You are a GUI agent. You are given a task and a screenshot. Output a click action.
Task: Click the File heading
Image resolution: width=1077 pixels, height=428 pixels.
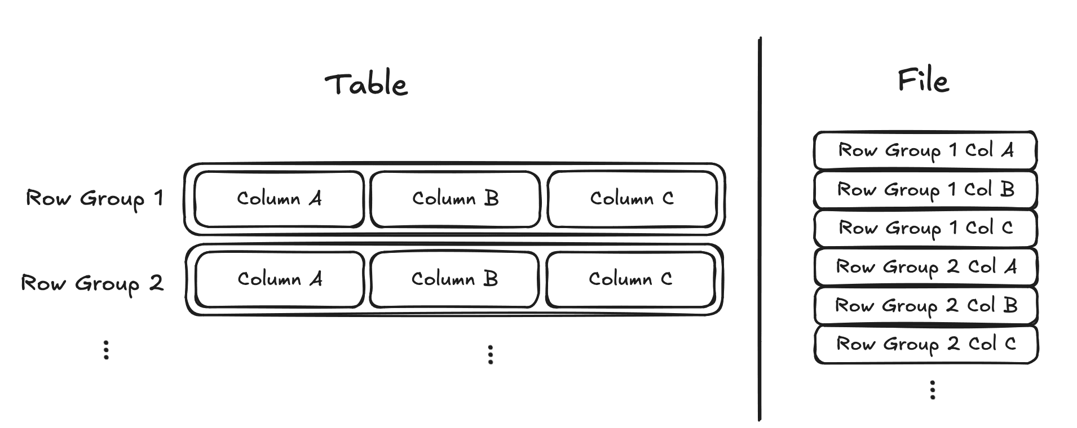(x=923, y=80)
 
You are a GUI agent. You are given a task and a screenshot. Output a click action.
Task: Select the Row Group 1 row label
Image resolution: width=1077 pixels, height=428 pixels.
(x=94, y=199)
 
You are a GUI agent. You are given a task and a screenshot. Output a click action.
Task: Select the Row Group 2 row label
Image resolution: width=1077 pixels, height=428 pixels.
(x=92, y=283)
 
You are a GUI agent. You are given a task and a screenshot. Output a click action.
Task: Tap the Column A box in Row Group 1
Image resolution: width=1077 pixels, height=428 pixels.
(x=279, y=199)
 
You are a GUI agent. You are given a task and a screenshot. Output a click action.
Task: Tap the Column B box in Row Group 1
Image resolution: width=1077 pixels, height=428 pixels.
(x=455, y=199)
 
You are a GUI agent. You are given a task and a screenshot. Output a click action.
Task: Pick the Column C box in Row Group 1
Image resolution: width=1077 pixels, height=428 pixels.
(x=632, y=199)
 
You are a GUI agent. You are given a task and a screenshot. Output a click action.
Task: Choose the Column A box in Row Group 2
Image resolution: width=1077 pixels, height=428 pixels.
(x=280, y=279)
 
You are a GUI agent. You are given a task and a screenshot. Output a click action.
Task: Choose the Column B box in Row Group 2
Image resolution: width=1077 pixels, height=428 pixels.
(x=454, y=279)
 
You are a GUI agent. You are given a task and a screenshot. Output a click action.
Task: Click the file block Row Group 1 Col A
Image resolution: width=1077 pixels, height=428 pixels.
(x=925, y=150)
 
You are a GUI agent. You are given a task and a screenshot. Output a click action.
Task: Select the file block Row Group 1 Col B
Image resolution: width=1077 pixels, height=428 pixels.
(x=925, y=189)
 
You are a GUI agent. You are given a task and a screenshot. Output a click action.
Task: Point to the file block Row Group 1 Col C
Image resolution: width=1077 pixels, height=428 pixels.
(x=925, y=228)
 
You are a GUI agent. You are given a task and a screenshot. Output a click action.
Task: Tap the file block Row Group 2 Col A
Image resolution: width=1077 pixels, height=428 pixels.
(x=925, y=266)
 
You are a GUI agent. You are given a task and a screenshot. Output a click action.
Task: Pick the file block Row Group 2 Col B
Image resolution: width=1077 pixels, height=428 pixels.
(x=925, y=305)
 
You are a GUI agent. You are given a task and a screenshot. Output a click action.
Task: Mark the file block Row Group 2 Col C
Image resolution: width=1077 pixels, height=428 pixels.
(x=925, y=344)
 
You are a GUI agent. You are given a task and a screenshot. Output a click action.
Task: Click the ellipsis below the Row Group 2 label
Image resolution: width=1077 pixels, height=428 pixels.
(x=106, y=350)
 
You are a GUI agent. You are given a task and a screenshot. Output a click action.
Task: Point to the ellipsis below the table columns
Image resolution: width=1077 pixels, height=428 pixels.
(x=491, y=355)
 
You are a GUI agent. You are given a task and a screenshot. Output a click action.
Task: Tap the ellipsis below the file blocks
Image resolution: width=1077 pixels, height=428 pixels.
(x=933, y=390)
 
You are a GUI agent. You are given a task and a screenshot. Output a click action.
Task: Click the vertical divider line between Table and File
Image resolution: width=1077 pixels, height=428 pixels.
(x=760, y=229)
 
